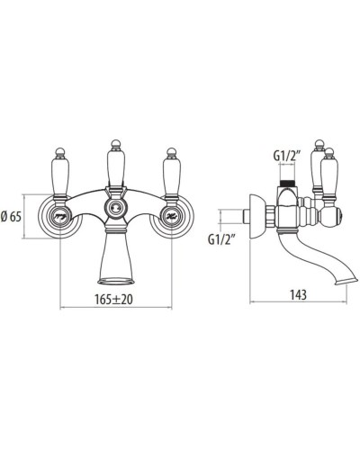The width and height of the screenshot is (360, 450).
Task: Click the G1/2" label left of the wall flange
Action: point(221,240)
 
